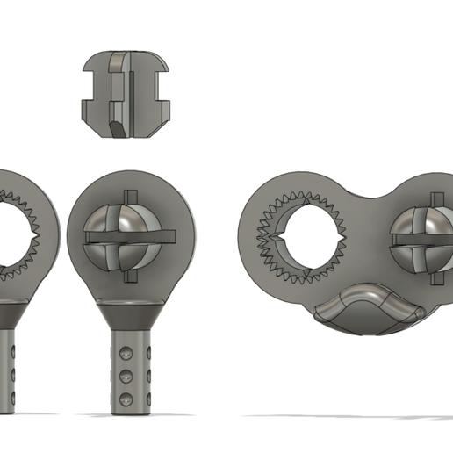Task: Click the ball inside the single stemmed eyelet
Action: click(129, 235)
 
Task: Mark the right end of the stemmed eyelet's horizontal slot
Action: click(174, 234)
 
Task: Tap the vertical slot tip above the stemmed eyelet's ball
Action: click(129, 194)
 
